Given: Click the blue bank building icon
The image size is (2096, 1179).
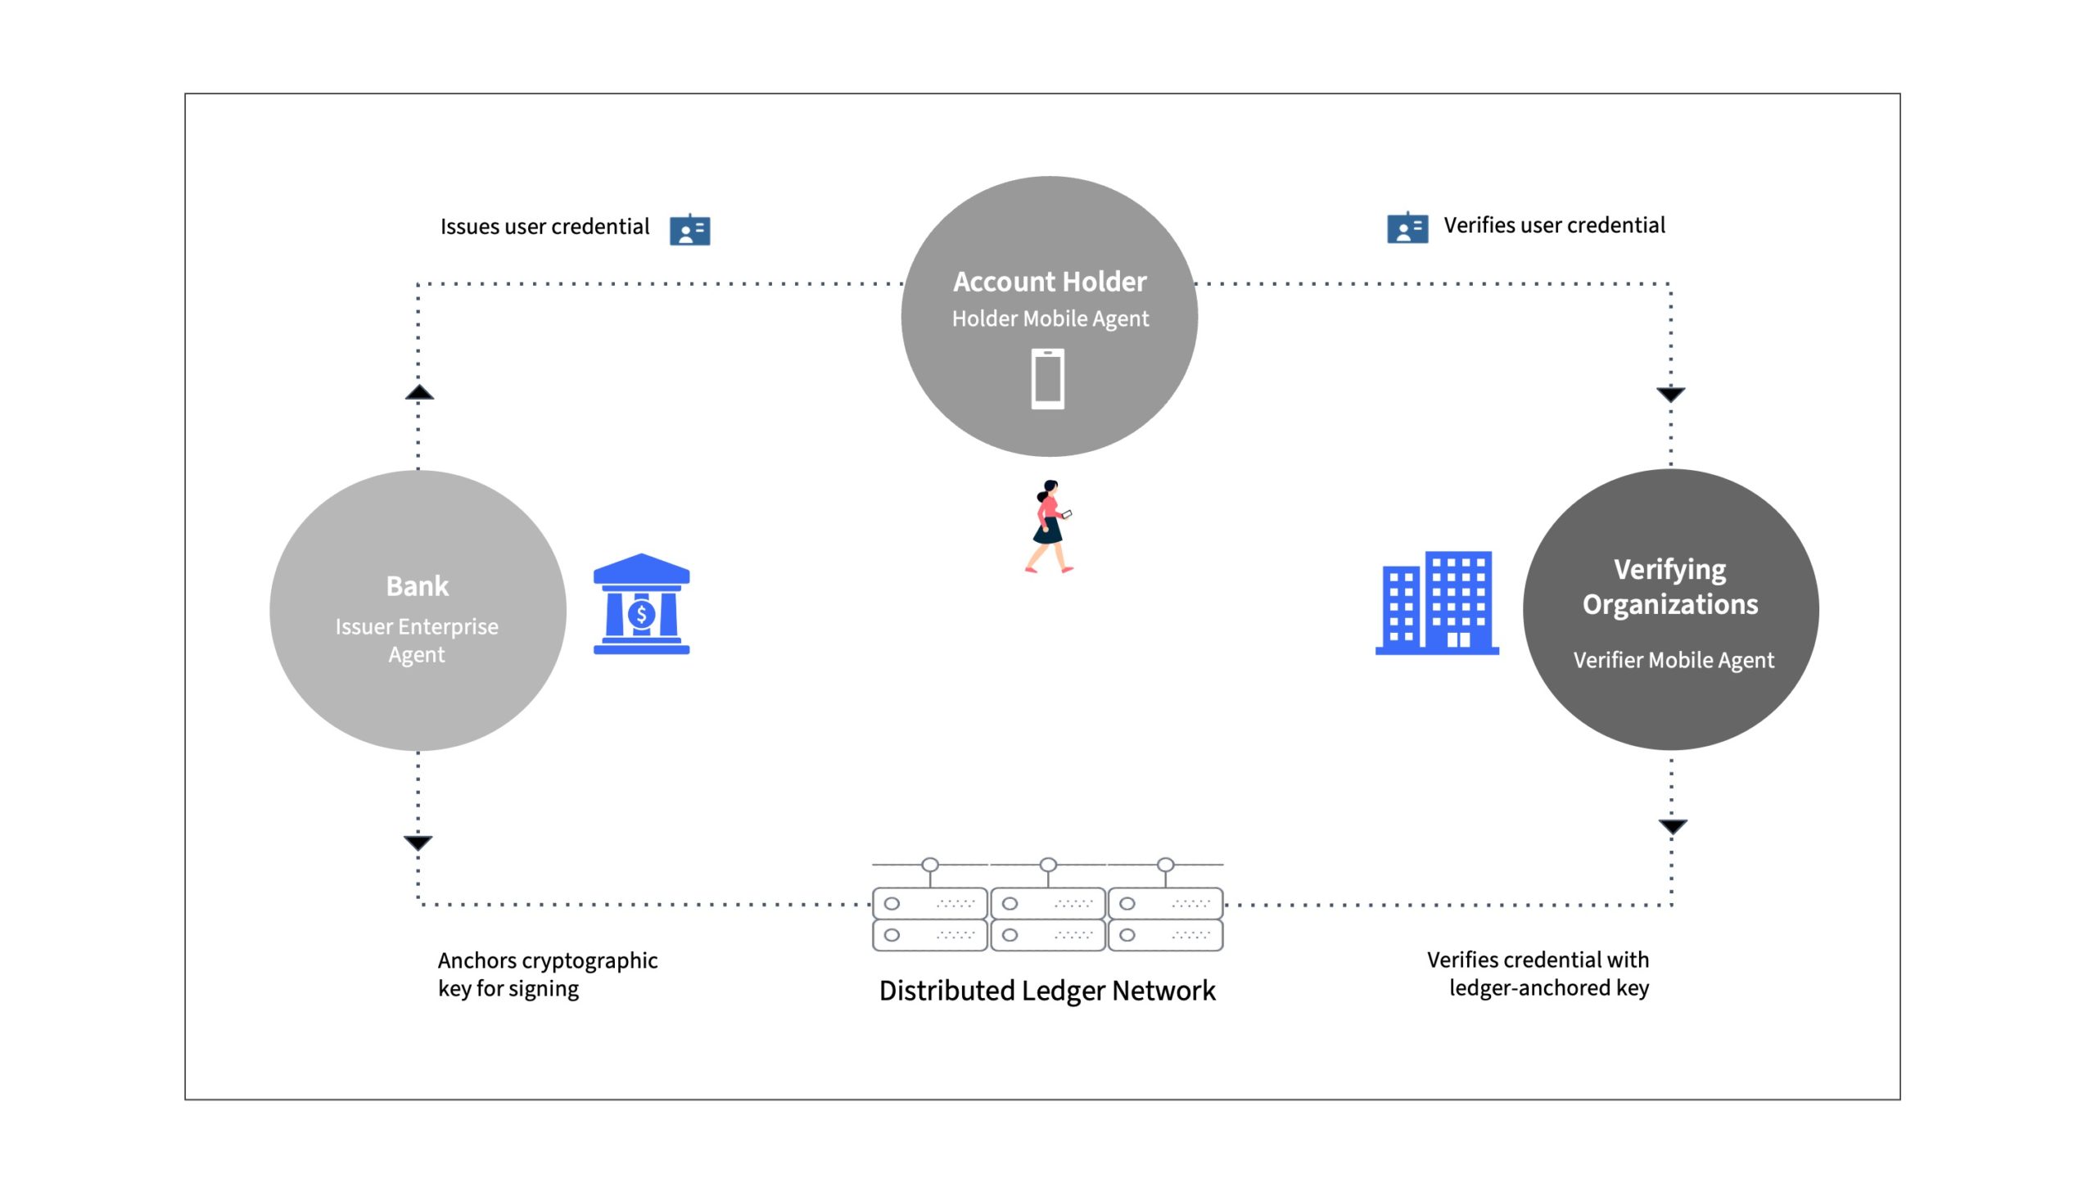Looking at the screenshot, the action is [641, 604].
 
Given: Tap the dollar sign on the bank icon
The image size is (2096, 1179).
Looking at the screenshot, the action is [642, 614].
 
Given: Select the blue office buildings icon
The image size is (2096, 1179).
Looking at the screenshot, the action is [1437, 603].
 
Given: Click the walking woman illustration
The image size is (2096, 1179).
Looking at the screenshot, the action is [1049, 526].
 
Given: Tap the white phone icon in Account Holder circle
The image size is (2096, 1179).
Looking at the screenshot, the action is [1048, 378].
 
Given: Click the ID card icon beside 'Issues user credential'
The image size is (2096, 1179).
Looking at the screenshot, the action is [689, 230].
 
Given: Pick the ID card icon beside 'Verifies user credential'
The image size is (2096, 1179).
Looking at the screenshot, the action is [1407, 228].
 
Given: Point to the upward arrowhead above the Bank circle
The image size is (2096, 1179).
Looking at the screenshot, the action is [419, 392].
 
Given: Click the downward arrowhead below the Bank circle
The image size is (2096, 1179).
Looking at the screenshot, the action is [418, 842].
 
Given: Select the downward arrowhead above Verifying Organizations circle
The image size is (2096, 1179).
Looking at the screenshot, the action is [1671, 395].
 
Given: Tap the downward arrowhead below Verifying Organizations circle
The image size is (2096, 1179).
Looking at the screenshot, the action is [1673, 827].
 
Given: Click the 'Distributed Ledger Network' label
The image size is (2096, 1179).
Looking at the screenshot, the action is [1047, 991].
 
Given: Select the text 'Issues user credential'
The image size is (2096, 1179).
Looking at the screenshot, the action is [544, 227].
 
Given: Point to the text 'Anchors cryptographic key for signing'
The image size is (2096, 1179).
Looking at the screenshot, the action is [548, 974].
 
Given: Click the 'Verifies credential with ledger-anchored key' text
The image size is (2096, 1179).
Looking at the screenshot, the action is [1538, 973].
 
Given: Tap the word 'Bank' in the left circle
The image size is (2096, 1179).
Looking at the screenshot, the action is [418, 586].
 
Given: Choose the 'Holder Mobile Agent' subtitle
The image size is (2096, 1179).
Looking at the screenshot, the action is [1050, 318].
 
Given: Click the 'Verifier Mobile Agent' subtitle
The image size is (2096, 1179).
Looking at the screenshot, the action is [1674, 660].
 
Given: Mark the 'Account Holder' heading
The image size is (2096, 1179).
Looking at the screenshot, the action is [1050, 282].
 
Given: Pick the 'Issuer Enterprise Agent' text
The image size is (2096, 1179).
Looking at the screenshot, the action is [417, 640].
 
